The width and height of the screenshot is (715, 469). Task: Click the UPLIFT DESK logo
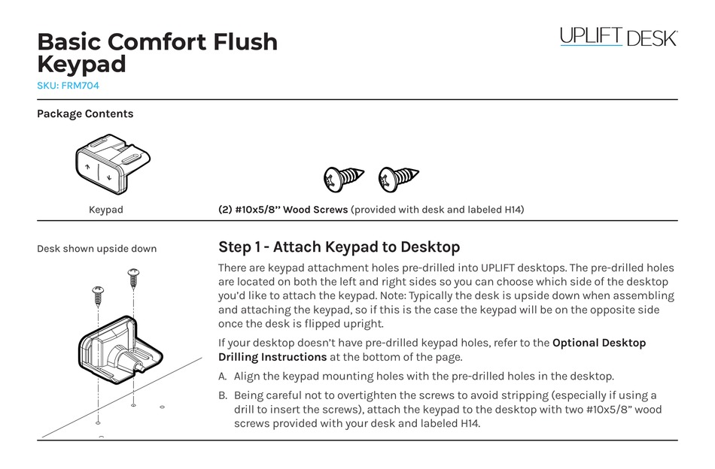[x=618, y=37]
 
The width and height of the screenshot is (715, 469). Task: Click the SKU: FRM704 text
[x=68, y=86]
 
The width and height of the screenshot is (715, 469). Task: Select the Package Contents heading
[x=85, y=114]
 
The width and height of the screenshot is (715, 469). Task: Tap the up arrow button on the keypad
[x=88, y=167]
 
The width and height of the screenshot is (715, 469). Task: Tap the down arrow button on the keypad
[x=109, y=177]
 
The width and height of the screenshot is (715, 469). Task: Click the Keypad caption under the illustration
[x=105, y=210]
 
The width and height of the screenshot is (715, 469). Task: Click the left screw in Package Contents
[x=343, y=179]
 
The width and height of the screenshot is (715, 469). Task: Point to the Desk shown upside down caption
[x=97, y=249]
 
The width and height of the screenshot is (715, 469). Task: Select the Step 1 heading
[x=339, y=247]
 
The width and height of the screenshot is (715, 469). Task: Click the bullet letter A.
[x=222, y=377]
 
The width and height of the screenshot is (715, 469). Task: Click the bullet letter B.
[x=222, y=395]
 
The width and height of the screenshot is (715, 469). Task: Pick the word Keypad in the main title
[x=81, y=65]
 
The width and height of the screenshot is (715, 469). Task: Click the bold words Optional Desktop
[x=599, y=343]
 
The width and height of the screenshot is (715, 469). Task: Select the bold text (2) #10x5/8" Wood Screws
[x=283, y=210]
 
